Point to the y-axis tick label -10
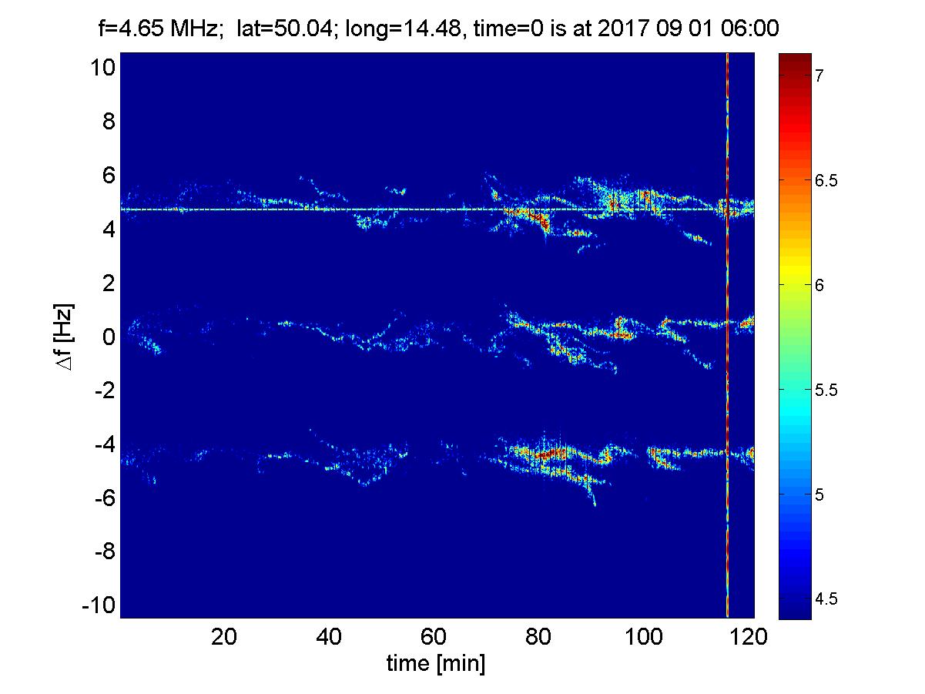pos(98,605)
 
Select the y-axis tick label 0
pos(108,337)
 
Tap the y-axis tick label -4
pos(103,444)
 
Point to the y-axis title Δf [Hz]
pos(68,337)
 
